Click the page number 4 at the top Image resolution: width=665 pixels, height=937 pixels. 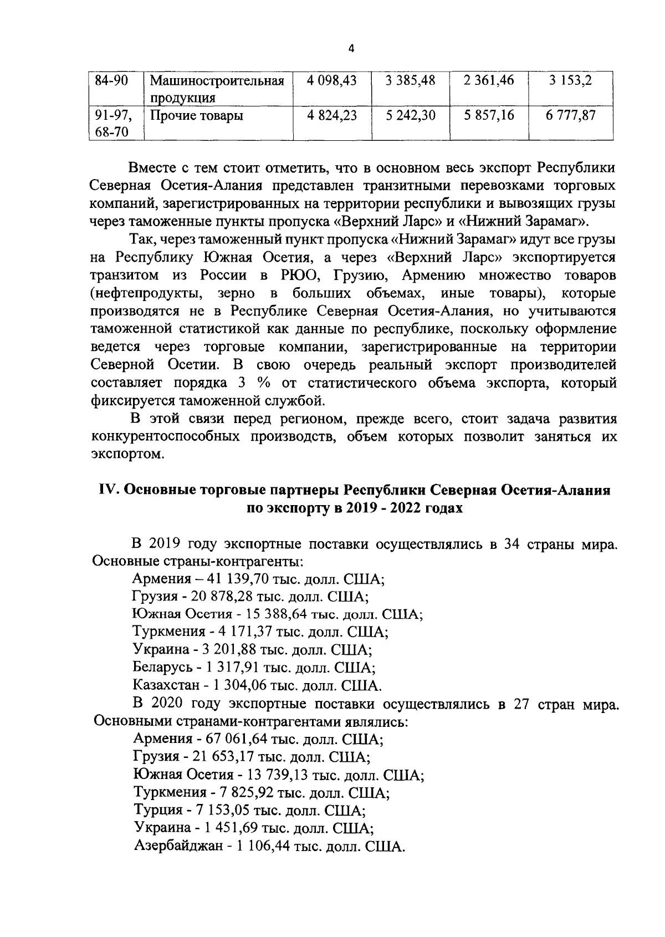pos(350,49)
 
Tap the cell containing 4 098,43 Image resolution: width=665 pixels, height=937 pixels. pos(331,80)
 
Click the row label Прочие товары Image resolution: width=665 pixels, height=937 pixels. pos(197,116)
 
